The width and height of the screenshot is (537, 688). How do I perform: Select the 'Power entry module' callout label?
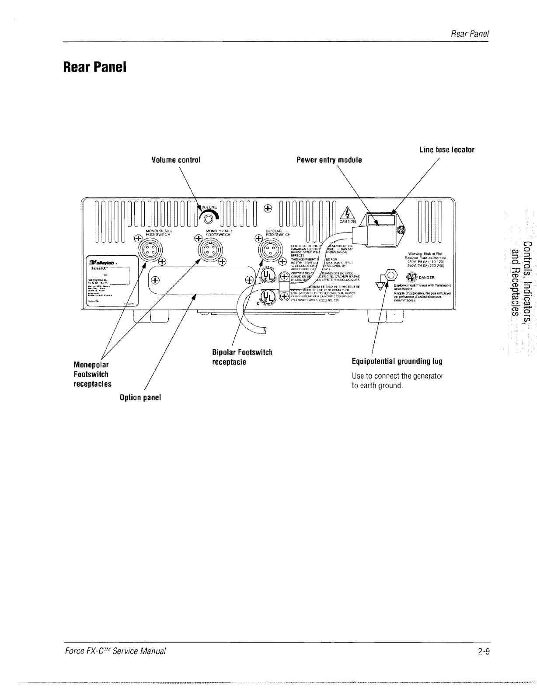point(329,160)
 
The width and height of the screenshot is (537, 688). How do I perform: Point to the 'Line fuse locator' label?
point(446,149)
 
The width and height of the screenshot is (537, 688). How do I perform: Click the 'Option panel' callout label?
point(140,397)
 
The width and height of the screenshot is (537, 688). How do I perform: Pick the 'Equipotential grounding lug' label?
point(397,361)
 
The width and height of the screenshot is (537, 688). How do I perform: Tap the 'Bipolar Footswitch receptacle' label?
point(242,357)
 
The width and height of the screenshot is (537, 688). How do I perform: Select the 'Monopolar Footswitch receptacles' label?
point(92,374)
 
